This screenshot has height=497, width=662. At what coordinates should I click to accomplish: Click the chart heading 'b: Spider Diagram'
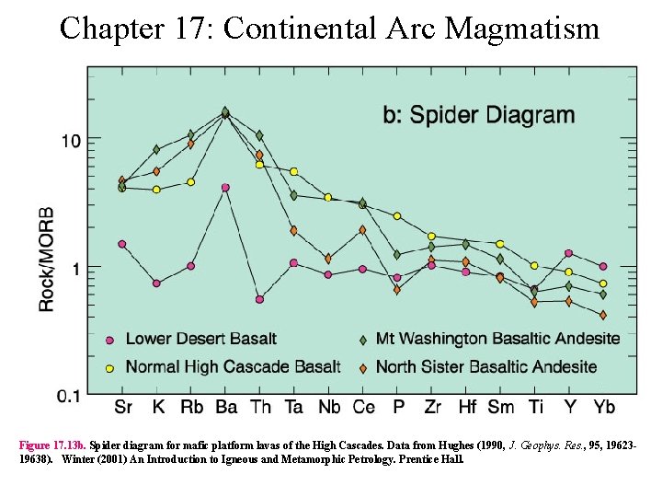click(x=478, y=115)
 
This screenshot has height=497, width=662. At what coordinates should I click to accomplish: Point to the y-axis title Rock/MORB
click(x=46, y=259)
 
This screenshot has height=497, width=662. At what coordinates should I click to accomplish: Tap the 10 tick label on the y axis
click(x=71, y=140)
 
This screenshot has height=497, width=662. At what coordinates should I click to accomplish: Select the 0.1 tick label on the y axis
click(x=67, y=395)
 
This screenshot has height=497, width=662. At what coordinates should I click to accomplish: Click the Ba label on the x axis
click(x=224, y=407)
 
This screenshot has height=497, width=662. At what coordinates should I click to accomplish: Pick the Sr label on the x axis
click(x=122, y=407)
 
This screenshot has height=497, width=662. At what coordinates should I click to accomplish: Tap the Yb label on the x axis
click(x=603, y=407)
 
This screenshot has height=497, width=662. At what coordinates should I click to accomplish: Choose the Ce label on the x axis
click(x=363, y=407)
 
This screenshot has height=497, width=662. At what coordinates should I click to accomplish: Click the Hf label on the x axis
click(x=466, y=407)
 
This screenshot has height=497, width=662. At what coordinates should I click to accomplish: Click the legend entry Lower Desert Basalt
click(x=200, y=339)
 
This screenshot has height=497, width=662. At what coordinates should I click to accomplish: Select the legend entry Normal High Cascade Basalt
click(x=233, y=366)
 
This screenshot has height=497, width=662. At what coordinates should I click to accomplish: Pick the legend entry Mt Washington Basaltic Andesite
click(x=497, y=339)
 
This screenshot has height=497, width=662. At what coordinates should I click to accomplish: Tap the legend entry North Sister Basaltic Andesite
click(x=486, y=366)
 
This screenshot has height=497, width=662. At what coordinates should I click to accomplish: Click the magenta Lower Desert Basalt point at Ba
click(x=225, y=188)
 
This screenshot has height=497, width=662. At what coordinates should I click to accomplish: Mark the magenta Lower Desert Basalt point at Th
click(x=259, y=299)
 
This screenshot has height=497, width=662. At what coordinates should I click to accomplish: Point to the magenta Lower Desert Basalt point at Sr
click(x=122, y=244)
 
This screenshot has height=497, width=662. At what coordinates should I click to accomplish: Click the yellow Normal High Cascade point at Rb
click(x=190, y=182)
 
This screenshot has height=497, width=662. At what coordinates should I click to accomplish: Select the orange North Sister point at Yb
click(x=603, y=315)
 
